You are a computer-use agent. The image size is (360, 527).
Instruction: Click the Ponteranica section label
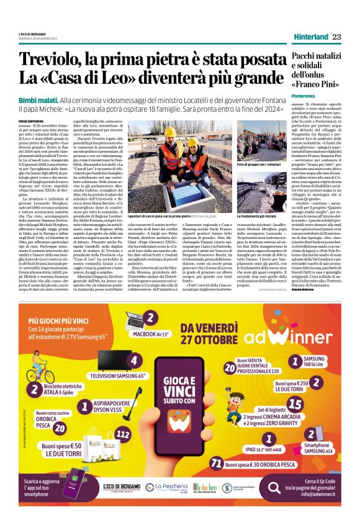click(304, 96)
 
